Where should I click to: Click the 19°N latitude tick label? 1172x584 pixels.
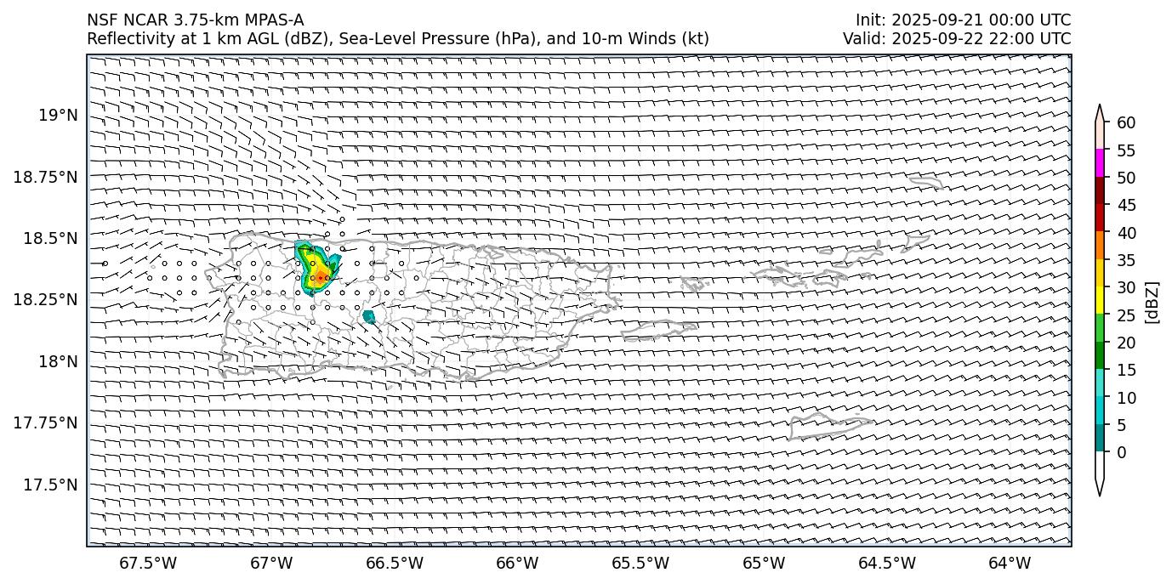coord(60,116)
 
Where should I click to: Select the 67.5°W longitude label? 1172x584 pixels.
coord(148,563)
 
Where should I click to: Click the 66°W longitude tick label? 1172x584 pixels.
coord(517,563)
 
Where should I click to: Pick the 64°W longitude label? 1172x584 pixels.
coord(1010,563)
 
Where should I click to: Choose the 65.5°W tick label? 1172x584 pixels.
coord(640,563)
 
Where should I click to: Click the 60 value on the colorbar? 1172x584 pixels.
coord(1126,123)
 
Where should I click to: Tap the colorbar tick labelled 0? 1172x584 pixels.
coord(1122,452)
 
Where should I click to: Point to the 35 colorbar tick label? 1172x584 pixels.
coord(1126,260)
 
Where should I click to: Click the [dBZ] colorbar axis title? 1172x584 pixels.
coord(1152,302)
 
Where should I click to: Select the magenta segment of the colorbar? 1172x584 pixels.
coord(1100,163)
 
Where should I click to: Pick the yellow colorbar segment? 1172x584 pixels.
coord(1100,300)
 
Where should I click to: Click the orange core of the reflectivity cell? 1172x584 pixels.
coord(317,274)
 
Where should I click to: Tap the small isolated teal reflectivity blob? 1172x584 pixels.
coord(368,317)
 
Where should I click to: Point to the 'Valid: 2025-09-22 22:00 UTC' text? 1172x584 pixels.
coord(957,38)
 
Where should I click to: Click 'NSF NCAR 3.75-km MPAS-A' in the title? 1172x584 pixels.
coord(195,20)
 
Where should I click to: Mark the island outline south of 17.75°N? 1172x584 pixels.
coord(829,425)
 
